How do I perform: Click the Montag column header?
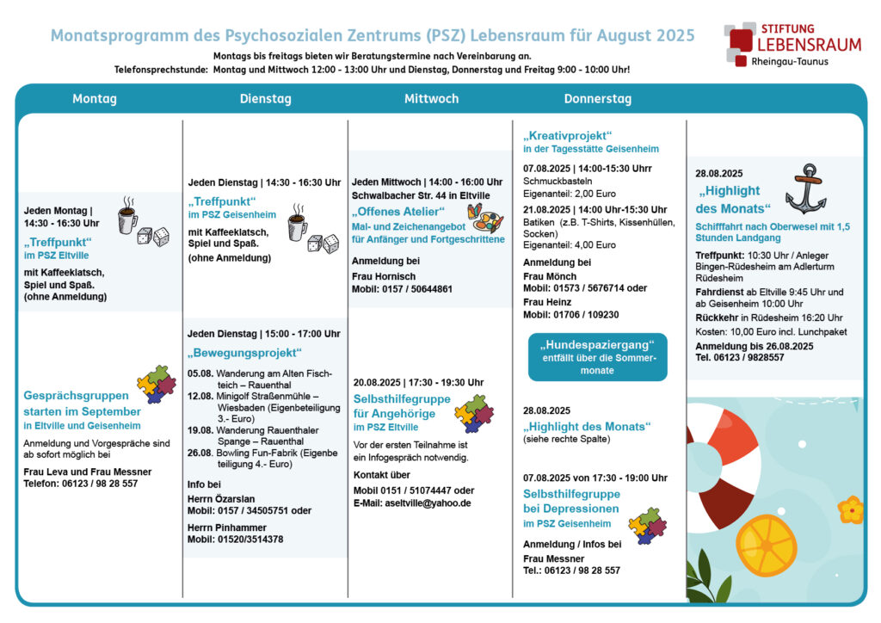click(95, 99)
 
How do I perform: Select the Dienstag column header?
click(265, 99)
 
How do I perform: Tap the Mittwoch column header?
click(432, 99)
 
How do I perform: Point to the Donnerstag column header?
click(598, 99)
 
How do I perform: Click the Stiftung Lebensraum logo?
click(792, 45)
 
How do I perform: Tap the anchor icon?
click(806, 188)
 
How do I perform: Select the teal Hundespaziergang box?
click(597, 357)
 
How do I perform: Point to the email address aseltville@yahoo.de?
click(428, 503)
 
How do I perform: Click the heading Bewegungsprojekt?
click(244, 353)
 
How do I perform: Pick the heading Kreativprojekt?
click(568, 135)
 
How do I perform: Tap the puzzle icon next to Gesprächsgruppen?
click(157, 385)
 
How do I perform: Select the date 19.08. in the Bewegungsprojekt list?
click(200, 430)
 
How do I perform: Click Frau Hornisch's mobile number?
click(402, 289)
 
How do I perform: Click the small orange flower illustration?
click(851, 509)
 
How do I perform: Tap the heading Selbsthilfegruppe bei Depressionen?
click(571, 501)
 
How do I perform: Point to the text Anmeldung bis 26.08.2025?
click(754, 346)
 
